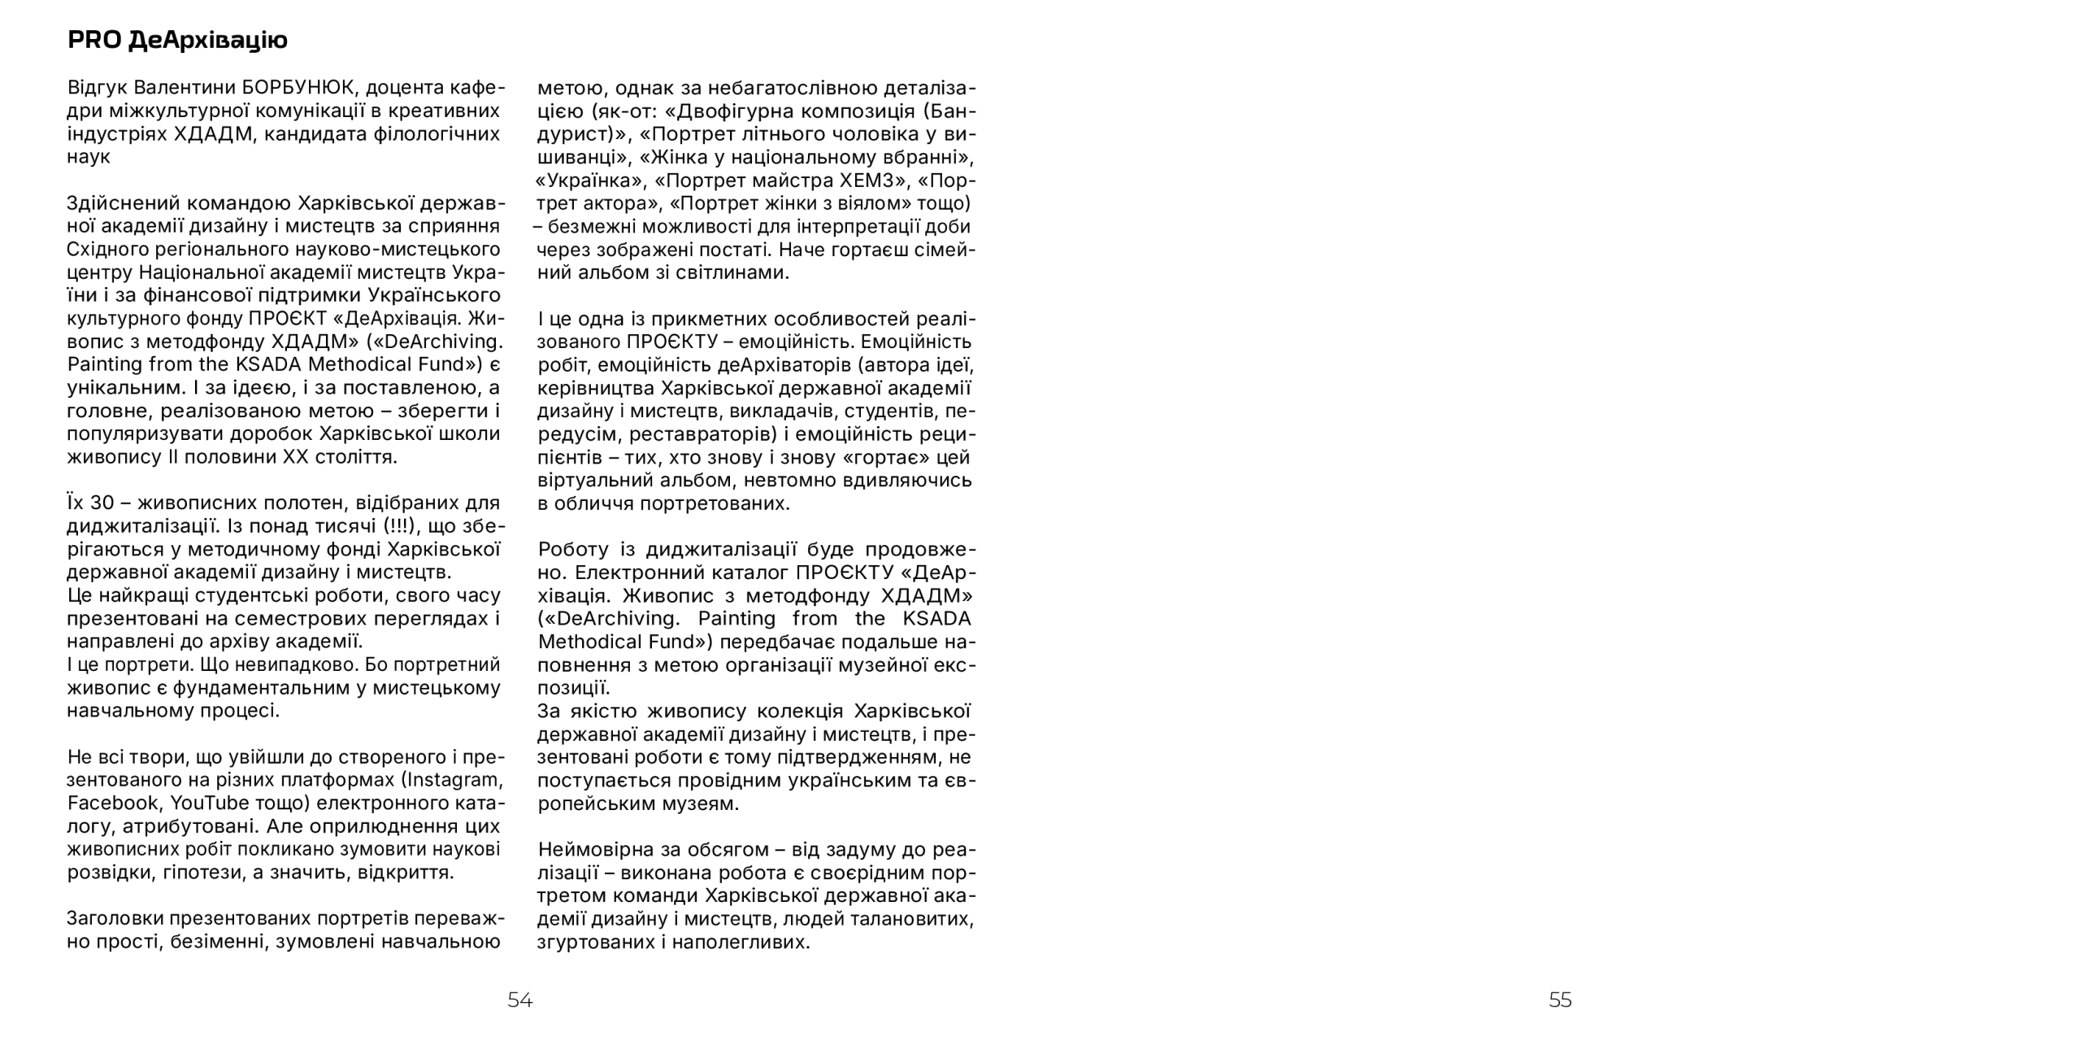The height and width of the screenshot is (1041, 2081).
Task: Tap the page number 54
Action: pyautogui.click(x=520, y=1000)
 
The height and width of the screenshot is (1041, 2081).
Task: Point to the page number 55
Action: pyautogui.click(x=1560, y=1000)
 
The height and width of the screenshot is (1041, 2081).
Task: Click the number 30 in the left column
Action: pyautogui.click(x=102, y=503)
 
